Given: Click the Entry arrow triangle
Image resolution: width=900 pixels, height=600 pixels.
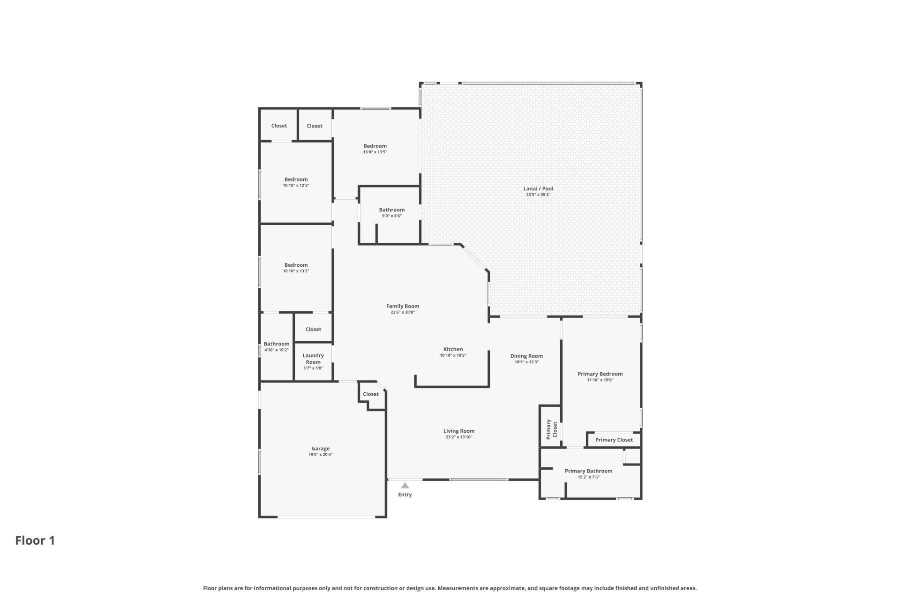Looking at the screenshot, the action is [x=405, y=486].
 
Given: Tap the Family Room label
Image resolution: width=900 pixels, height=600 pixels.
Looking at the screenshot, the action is [x=403, y=306].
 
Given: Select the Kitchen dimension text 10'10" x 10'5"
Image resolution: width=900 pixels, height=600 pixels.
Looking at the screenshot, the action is [x=453, y=355].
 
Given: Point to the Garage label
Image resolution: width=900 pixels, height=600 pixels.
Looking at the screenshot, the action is [x=321, y=449].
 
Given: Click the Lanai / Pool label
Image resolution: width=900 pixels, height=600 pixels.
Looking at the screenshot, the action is [x=538, y=188].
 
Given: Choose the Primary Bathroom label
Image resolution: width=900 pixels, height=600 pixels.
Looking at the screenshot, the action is [x=588, y=471].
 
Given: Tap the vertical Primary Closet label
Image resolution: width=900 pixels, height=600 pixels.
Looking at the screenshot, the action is [x=552, y=429].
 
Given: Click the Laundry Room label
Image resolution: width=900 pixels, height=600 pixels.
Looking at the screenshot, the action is [x=313, y=359].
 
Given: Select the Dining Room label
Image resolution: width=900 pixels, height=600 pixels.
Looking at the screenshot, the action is [x=526, y=356].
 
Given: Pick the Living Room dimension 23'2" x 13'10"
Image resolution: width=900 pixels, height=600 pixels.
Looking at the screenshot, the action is [x=459, y=437].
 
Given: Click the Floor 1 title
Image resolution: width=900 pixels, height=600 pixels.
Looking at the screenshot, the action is [x=35, y=540].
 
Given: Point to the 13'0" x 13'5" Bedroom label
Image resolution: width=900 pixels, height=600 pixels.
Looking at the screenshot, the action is [x=375, y=146].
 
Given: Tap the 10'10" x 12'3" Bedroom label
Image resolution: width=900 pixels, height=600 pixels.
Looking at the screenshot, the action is [x=296, y=179].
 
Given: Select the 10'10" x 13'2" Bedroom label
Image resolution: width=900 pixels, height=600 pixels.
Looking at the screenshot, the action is [x=296, y=265].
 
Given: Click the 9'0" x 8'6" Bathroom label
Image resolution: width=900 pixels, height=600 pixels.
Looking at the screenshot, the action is [x=392, y=210].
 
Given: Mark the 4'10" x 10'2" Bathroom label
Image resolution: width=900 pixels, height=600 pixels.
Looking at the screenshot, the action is [x=277, y=344].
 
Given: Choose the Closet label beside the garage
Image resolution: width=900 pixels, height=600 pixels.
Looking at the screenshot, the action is [x=371, y=394].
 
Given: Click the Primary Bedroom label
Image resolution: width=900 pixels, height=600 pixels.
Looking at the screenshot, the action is [x=600, y=374].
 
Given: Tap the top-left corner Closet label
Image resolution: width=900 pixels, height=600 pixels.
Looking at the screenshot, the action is [x=279, y=126].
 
